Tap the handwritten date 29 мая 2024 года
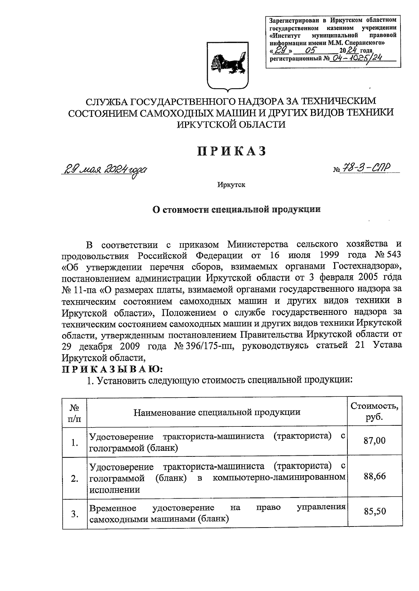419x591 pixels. pos(104,171)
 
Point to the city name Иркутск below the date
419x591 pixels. pos(231,184)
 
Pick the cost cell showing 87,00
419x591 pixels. pos(375,440)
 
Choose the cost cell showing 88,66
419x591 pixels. pos(375,476)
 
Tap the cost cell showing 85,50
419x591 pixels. pos(375,511)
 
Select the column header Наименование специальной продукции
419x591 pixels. pos(217,412)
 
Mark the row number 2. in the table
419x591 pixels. pos(74,479)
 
